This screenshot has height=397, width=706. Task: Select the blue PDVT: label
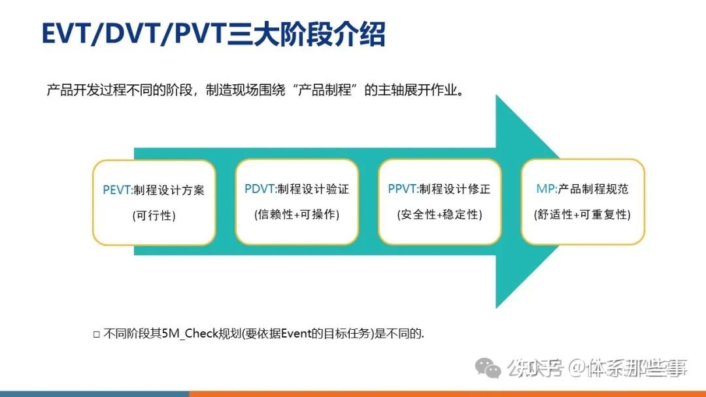(x=260, y=189)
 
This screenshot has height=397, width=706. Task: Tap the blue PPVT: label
(x=402, y=189)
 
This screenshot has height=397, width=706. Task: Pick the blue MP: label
(x=546, y=189)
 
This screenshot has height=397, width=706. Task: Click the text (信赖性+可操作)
(x=296, y=215)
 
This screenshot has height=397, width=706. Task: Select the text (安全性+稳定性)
(x=439, y=215)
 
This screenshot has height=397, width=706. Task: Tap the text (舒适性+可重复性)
(x=582, y=215)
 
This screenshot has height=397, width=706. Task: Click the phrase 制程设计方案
(x=169, y=190)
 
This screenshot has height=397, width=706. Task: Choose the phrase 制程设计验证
(x=312, y=189)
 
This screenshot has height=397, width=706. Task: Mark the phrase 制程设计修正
(x=454, y=189)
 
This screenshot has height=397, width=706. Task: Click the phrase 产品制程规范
(x=593, y=189)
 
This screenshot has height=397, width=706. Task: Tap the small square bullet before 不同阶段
(x=96, y=334)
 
